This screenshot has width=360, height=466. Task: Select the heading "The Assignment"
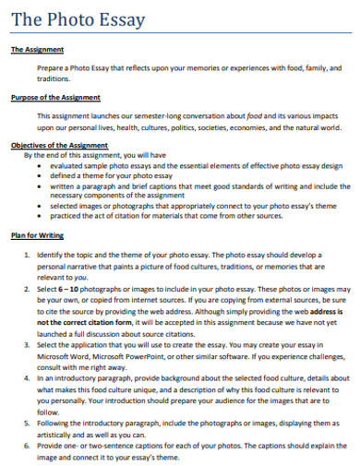click(37, 49)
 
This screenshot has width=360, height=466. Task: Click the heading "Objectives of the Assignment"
click(59, 145)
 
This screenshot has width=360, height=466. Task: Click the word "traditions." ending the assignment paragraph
click(53, 79)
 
